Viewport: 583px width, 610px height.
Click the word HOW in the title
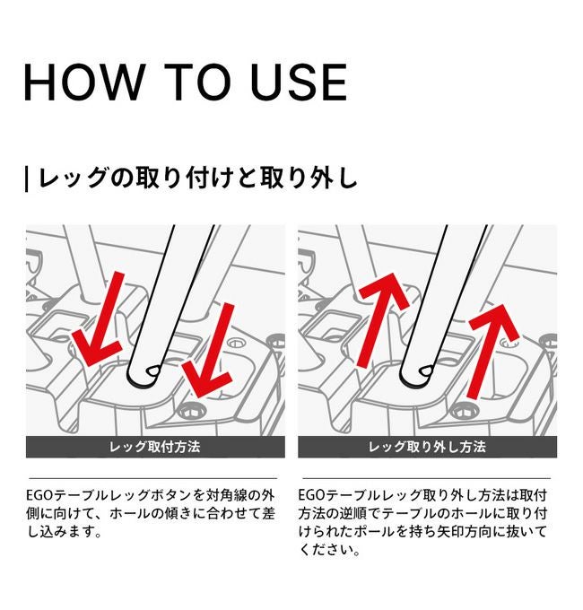pyautogui.click(x=83, y=83)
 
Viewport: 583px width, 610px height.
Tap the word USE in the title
pyautogui.click(x=299, y=83)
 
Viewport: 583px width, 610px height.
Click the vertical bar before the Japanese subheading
pyautogui.click(x=26, y=179)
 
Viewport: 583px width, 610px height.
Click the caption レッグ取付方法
pyautogui.click(x=155, y=447)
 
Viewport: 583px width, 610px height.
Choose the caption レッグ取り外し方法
pyautogui.click(x=427, y=447)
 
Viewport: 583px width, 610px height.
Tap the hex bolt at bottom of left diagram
pyautogui.click(x=191, y=412)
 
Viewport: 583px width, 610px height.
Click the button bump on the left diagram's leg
pyautogui.click(x=153, y=371)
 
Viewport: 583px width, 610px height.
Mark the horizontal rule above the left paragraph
pyautogui.click(x=152, y=478)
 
